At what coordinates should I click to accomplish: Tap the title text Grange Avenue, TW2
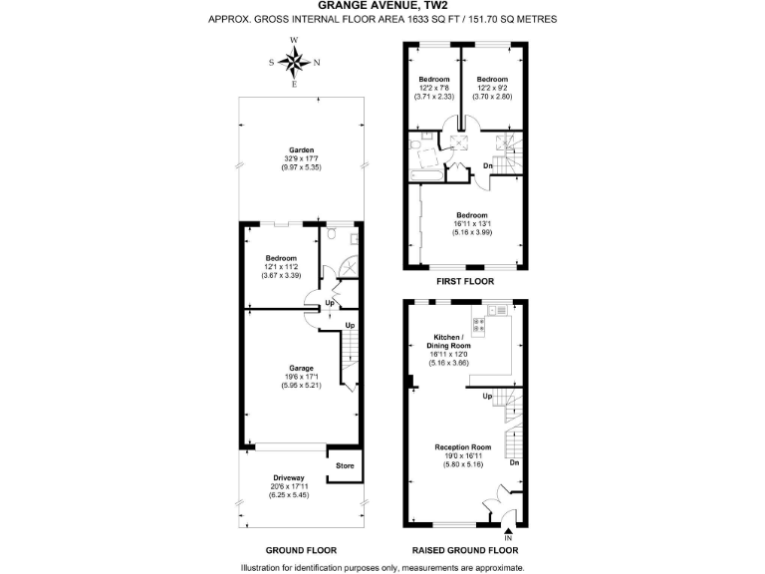(382, 5)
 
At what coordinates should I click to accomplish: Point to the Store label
(344, 466)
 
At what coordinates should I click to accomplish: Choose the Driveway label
(289, 478)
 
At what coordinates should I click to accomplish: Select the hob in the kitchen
(478, 324)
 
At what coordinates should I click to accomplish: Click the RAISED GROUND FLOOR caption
(465, 550)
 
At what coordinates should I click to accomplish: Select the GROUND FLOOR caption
(301, 550)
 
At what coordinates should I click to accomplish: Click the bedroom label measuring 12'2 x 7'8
(434, 80)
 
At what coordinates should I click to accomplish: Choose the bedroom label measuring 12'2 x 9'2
(491, 80)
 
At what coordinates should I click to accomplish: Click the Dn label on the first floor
(488, 165)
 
